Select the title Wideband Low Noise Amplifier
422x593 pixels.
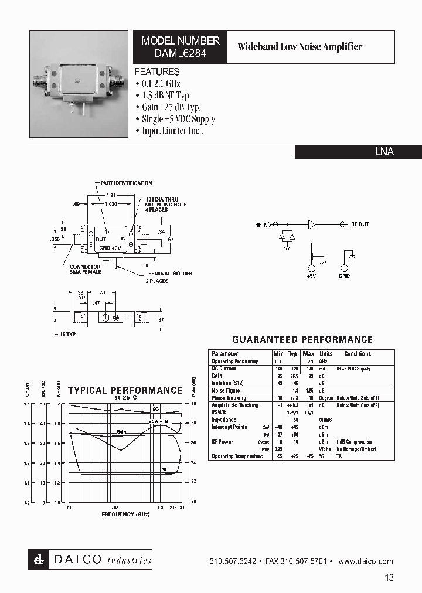300,47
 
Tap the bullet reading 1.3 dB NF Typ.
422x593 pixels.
166,96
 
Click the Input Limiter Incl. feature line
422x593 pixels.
172,131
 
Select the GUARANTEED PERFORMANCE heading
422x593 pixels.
302,340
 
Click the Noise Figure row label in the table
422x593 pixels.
227,390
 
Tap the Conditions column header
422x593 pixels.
358,354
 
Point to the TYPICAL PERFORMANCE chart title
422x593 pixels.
125,390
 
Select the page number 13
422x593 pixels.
389,578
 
